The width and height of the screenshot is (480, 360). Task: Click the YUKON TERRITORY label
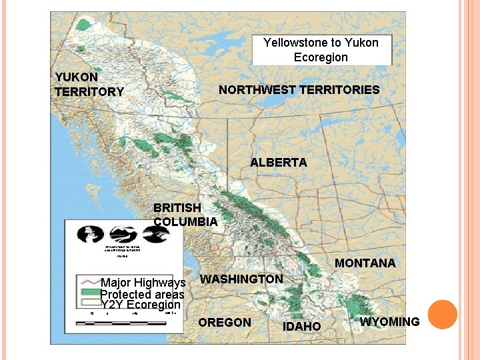(x=89, y=85)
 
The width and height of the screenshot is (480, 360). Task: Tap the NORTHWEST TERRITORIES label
(x=299, y=90)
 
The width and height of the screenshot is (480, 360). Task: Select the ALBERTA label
(x=278, y=163)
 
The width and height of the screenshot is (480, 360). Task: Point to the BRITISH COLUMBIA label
(x=185, y=215)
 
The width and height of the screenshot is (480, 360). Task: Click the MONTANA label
(x=365, y=263)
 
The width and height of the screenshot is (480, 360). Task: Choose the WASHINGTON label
(x=241, y=279)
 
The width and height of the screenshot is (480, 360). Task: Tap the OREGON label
(x=225, y=323)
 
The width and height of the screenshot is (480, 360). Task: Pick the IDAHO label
(x=302, y=326)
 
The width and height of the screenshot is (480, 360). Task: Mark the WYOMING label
(x=389, y=322)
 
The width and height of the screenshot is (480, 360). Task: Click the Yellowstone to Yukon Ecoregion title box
(x=321, y=50)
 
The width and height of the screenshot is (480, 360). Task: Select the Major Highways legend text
(x=143, y=283)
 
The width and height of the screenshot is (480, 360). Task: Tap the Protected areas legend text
(x=142, y=295)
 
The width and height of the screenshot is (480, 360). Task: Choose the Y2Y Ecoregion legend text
(x=141, y=305)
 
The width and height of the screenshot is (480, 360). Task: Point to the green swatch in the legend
(x=89, y=293)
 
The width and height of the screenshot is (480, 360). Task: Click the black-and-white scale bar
(x=121, y=323)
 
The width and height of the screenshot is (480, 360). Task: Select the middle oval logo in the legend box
(x=123, y=234)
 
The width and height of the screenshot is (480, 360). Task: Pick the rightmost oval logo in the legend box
(x=155, y=234)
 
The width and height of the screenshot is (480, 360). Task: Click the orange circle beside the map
(x=442, y=315)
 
